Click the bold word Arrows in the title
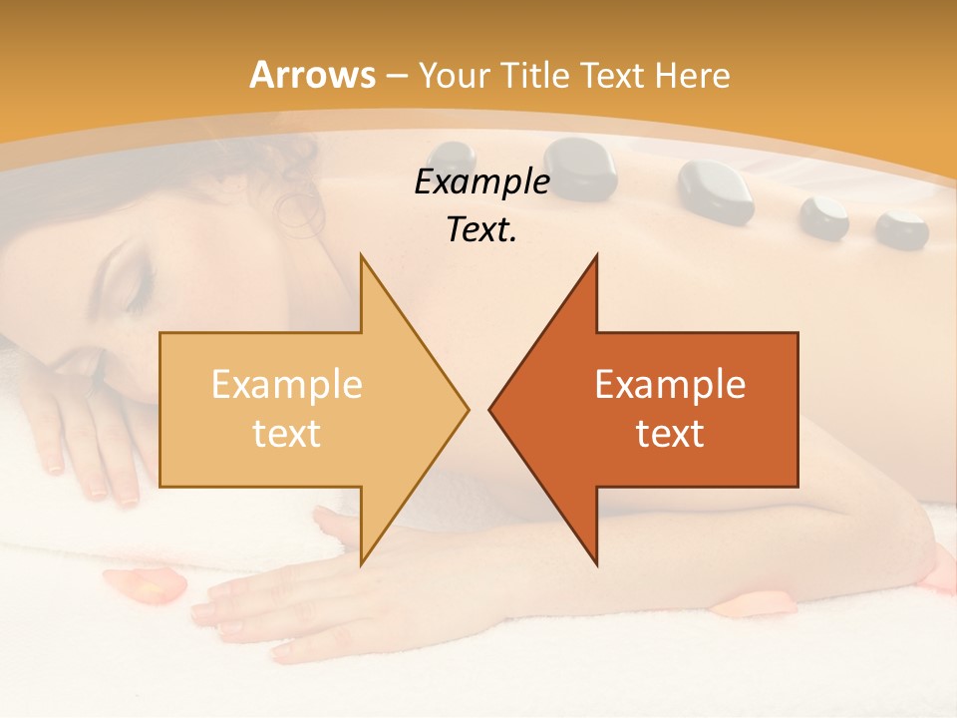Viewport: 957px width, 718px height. (x=312, y=75)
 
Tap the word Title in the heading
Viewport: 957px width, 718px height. (x=534, y=75)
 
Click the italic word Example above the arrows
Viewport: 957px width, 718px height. (x=481, y=181)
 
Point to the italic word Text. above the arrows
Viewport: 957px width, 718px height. (x=481, y=229)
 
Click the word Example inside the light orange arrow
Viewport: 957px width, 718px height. (x=286, y=385)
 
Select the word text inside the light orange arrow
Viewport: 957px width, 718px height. (x=286, y=434)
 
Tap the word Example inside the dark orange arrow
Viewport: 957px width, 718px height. (x=670, y=385)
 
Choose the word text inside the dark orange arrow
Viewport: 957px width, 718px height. (x=670, y=434)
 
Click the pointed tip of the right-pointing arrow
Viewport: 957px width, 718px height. (x=467, y=409)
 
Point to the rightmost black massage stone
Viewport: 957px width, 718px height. (x=901, y=228)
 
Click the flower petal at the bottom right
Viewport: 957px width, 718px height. (x=762, y=601)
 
